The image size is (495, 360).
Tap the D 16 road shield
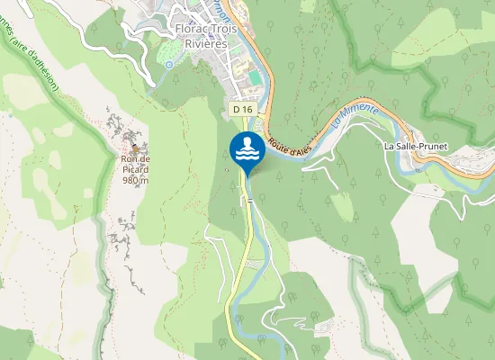(241, 109)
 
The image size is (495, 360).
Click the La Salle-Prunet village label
(415, 146)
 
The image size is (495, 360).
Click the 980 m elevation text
(135, 180)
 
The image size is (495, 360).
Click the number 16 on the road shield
(246, 109)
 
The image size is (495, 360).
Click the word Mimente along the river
(361, 114)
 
